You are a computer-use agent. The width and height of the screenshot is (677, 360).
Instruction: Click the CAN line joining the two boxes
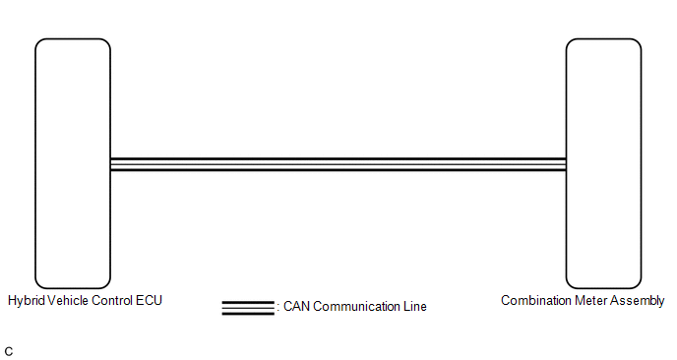point(338,164)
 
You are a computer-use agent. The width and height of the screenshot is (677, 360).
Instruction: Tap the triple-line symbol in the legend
point(248,308)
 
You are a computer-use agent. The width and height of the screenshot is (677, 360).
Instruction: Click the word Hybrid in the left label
point(27,301)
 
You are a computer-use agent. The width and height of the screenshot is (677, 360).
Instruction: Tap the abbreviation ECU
point(149,300)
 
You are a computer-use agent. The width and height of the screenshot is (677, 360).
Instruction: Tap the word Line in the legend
point(415,307)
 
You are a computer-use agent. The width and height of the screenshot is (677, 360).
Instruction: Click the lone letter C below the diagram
point(9,351)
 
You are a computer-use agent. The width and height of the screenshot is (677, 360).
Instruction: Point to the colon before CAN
point(278,308)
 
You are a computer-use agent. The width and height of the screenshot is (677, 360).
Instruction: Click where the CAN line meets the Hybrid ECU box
point(110,164)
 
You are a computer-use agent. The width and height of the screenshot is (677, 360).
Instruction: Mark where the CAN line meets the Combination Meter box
point(566,164)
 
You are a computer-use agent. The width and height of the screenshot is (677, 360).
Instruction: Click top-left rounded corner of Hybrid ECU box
point(38,42)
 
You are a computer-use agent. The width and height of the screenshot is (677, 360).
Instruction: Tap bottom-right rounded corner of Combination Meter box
point(638,285)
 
